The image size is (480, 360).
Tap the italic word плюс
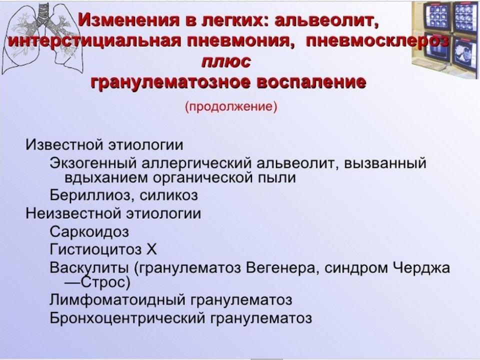click(226, 62)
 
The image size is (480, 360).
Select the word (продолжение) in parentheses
click(231, 107)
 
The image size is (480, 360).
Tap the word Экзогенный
click(93, 163)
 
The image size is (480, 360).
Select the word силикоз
click(168, 195)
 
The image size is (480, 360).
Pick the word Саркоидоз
click(89, 231)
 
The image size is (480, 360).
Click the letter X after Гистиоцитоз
click(151, 249)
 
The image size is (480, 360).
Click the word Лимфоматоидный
click(117, 299)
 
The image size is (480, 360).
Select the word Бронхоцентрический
click(127, 318)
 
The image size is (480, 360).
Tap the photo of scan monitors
click(445, 38)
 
